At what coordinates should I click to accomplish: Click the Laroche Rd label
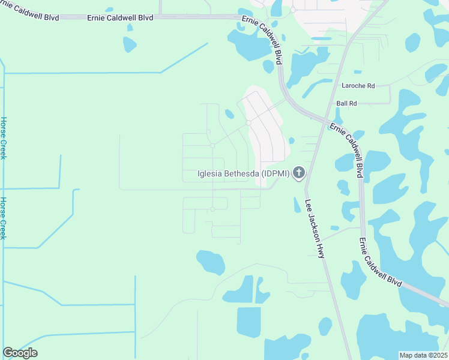[x=358, y=86]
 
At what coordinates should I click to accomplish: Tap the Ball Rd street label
[x=346, y=103]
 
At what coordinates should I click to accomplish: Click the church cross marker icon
[x=298, y=174]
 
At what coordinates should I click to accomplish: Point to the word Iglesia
[x=209, y=175]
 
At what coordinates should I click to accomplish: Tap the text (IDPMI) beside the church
[x=276, y=175]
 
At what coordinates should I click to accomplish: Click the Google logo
[x=20, y=353]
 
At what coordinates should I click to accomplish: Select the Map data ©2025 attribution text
[x=423, y=355]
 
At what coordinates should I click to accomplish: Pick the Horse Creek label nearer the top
[x=4, y=138]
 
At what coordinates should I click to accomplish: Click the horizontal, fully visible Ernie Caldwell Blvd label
[x=120, y=17]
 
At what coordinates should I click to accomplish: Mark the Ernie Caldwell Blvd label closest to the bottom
[x=381, y=262]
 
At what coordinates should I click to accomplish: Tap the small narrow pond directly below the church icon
[x=297, y=205]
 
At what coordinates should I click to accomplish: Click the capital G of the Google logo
[x=8, y=353]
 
